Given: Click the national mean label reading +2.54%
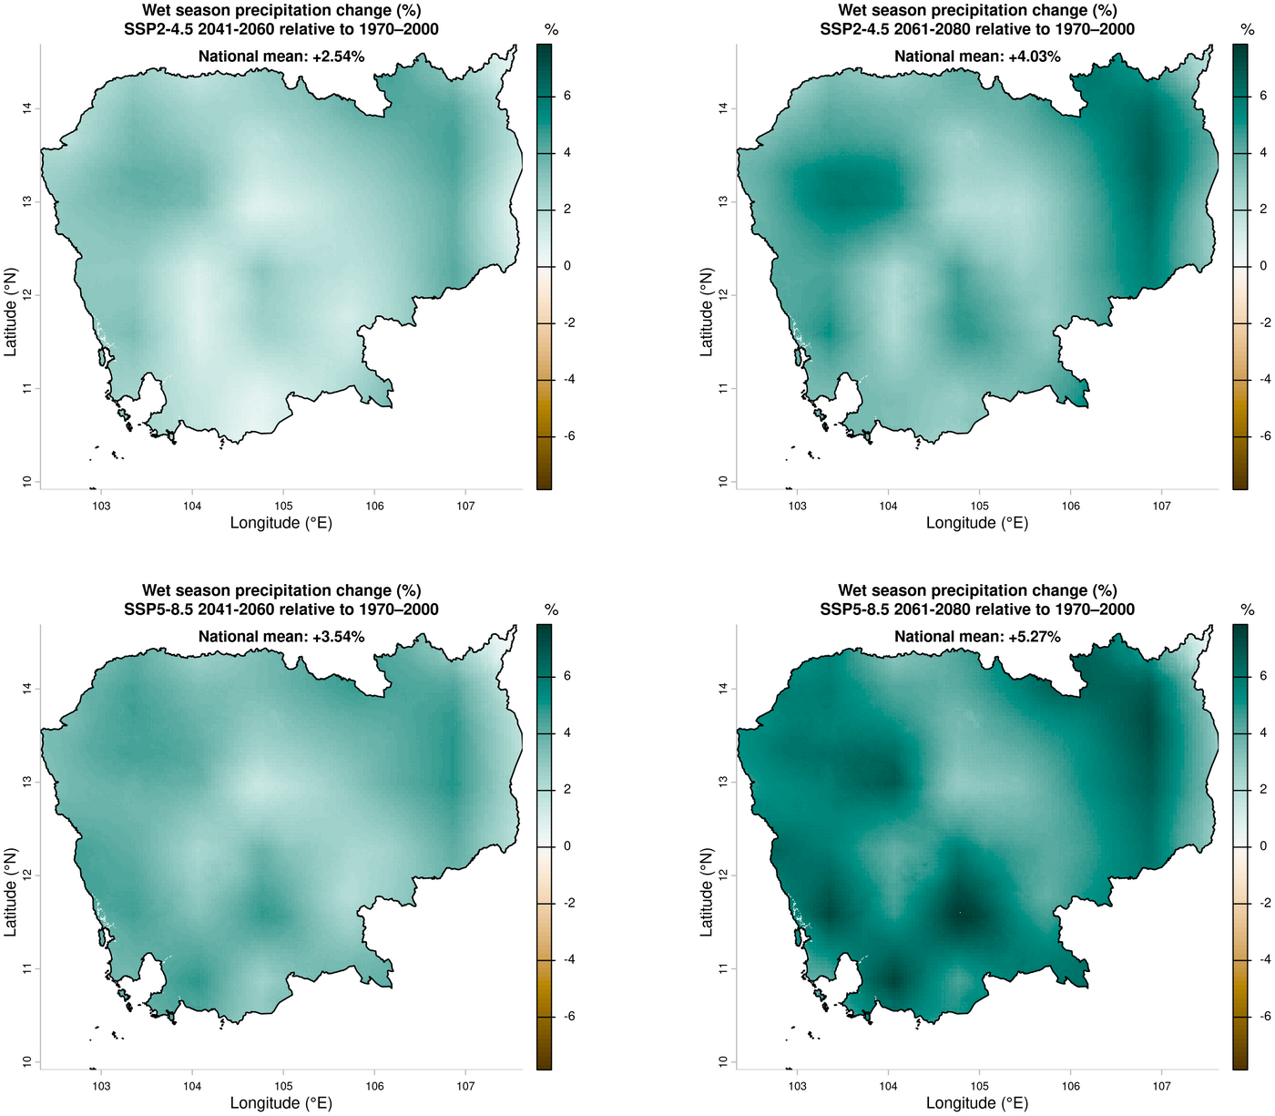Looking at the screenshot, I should point(281,56).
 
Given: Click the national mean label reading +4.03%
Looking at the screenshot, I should point(977,56).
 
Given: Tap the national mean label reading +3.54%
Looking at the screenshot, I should point(281,637).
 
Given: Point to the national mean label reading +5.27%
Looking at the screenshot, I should point(977,637).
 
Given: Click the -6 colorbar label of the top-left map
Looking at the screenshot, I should point(568,436).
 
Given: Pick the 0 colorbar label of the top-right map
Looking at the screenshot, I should point(1262,266).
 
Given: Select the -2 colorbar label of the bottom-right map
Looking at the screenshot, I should point(1265,903).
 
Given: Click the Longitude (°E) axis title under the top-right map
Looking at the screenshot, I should point(977,523).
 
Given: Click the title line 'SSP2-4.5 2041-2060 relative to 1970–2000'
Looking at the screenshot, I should point(281,29).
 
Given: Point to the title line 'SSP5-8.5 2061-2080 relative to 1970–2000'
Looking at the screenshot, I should point(977,609).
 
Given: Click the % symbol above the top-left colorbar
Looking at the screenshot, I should point(551,30).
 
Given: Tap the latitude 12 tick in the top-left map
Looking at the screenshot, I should point(28,295).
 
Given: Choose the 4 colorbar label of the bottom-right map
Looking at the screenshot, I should point(1262,732).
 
